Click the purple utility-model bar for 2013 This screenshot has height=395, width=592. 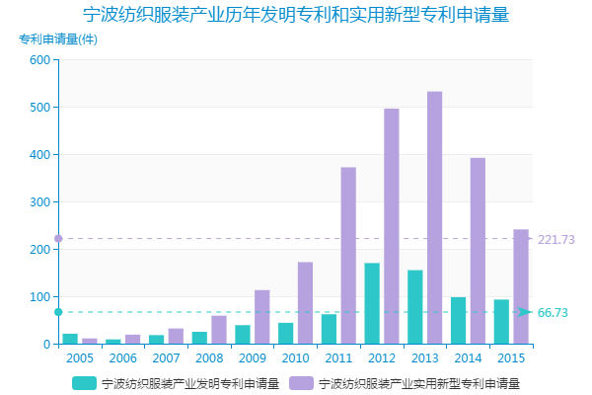click(434, 217)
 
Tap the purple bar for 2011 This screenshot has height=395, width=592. click(348, 256)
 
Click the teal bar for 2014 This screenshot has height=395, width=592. click(458, 320)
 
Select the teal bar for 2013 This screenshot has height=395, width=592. click(415, 307)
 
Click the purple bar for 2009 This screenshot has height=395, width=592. click(261, 317)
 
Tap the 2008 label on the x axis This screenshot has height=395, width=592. click(209, 357)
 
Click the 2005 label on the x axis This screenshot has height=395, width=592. click(79, 357)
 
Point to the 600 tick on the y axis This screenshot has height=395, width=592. click(39, 60)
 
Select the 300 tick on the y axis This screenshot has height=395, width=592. click(39, 202)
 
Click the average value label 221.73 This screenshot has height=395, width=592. click(556, 240)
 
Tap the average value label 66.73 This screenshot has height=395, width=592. click(553, 313)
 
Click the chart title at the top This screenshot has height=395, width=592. click(296, 16)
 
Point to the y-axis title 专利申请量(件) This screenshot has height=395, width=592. click(58, 39)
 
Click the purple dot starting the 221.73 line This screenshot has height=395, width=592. click(58, 239)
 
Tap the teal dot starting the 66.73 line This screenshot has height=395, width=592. click(58, 312)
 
